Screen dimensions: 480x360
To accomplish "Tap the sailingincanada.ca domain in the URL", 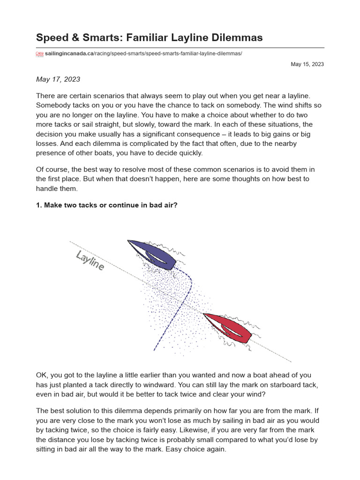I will pos(70,54).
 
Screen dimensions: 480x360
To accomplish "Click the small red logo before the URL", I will pos(39,54).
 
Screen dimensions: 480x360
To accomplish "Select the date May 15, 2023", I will pos(307,64).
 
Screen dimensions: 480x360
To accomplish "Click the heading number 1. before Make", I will pos(39,205).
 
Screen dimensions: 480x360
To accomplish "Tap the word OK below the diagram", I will pos(42,375).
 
